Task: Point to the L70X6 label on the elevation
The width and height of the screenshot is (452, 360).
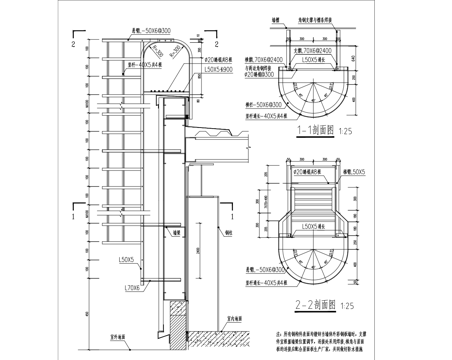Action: click(130, 287)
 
